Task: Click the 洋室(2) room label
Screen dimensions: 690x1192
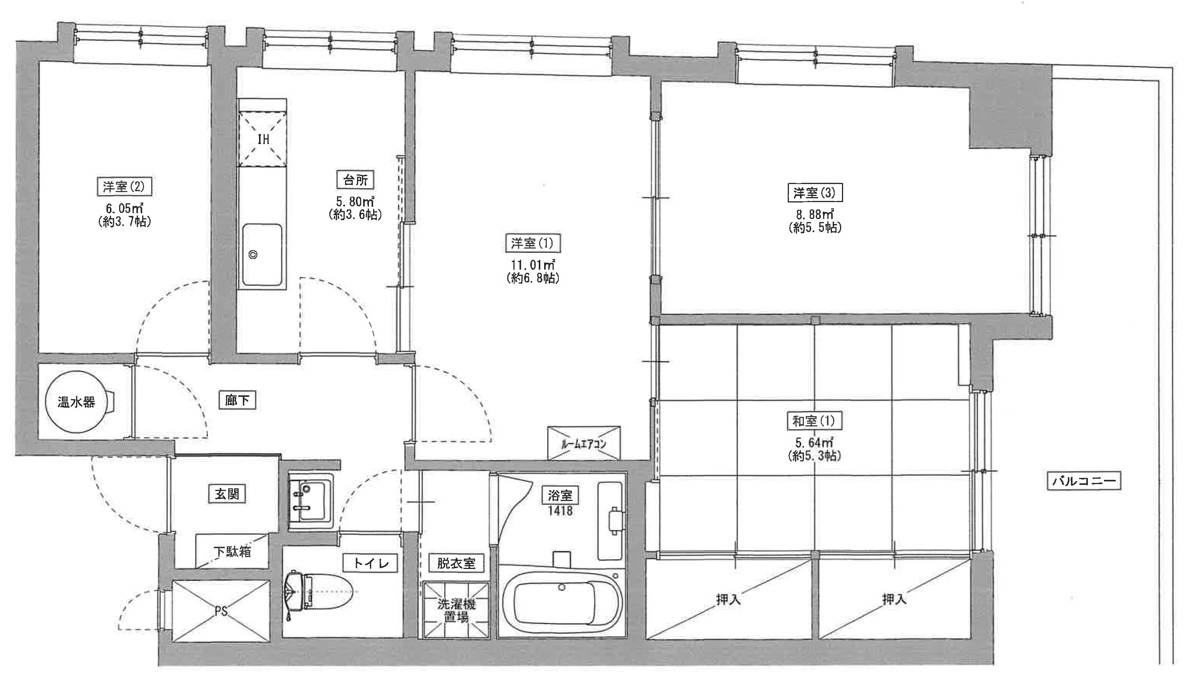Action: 124,186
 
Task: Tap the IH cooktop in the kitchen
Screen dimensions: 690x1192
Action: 262,139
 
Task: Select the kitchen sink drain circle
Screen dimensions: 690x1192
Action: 253,255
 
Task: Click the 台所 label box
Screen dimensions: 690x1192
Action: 355,180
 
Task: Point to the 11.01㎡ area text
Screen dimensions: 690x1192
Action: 533,264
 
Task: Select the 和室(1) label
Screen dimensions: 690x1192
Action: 814,420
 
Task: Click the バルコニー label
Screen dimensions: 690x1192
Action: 1084,481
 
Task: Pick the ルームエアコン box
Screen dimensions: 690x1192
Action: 584,443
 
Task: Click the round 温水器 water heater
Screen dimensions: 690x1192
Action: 76,402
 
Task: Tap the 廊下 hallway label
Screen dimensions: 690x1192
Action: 237,401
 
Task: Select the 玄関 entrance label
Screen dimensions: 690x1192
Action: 227,494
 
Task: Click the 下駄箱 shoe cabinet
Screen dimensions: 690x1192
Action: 232,551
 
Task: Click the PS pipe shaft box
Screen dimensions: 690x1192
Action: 221,611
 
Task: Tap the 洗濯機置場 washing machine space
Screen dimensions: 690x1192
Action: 455,610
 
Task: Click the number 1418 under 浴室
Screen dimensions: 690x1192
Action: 560,511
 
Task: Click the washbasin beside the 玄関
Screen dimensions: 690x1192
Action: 309,501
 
